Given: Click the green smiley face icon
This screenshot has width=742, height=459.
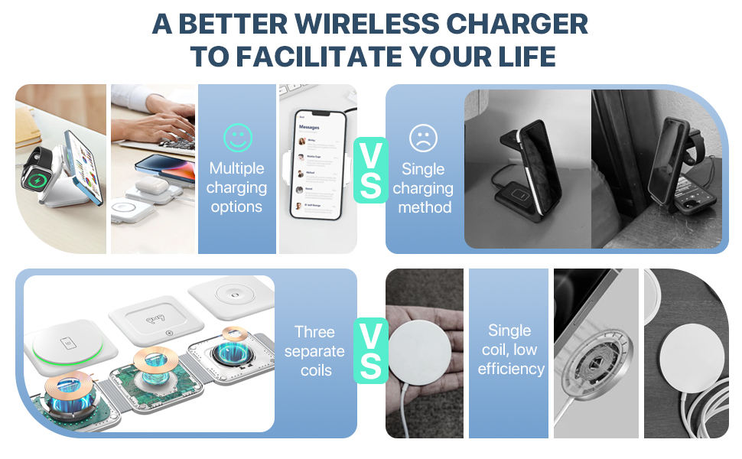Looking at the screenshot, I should pos(237,137).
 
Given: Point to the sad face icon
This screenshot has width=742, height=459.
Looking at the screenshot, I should pos(423,138).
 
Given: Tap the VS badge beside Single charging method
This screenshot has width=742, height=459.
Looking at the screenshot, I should pos(371,170).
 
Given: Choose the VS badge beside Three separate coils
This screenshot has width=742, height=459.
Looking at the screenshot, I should pos(371,351).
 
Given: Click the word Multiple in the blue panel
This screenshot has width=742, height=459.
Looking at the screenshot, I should pos(236,168).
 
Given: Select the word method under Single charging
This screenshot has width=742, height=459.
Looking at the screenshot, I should pos(425,207).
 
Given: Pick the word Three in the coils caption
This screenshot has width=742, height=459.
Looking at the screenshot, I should pos(314,332).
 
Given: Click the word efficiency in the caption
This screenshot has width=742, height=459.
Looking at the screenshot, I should pos(510,369).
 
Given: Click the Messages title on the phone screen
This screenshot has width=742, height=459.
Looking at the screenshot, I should pos(309,127).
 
